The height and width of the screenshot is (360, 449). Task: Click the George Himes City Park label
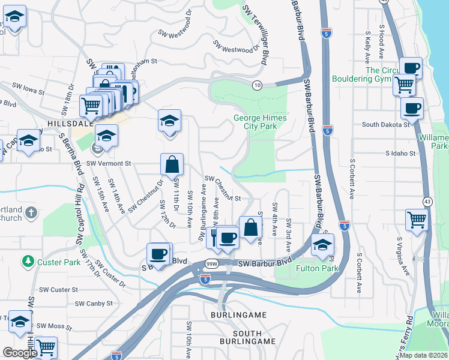point(260,122)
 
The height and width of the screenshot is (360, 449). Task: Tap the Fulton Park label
point(310,269)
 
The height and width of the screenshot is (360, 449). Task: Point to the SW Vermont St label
point(109,163)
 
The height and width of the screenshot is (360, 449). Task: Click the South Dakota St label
point(385,125)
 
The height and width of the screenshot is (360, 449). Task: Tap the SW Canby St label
point(94,304)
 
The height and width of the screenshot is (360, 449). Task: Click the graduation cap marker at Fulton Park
point(322,245)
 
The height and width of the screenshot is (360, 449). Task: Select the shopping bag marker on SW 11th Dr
point(172,164)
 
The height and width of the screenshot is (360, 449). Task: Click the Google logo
point(20,353)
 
